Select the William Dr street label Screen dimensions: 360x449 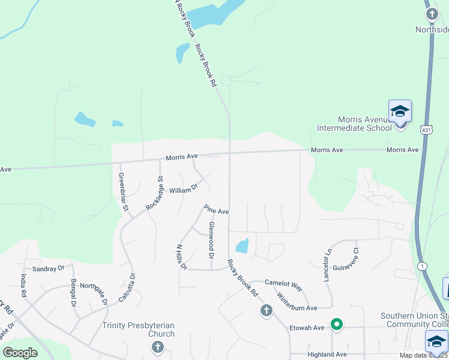tap(183, 190)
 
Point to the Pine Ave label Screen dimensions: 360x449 tap(216, 210)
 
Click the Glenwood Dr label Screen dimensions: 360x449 tap(211, 236)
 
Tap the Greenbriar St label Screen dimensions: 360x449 tap(123, 192)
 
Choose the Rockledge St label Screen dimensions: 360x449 tap(154, 193)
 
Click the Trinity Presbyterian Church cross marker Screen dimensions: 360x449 tap(158, 347)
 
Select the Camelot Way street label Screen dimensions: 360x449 tap(284, 288)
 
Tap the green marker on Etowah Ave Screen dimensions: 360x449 tap(337, 325)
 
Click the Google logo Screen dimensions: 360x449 tap(20, 352)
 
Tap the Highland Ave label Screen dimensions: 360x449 tap(327, 355)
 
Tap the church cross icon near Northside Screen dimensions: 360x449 tap(432, 14)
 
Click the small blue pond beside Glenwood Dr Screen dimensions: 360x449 tap(243, 246)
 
